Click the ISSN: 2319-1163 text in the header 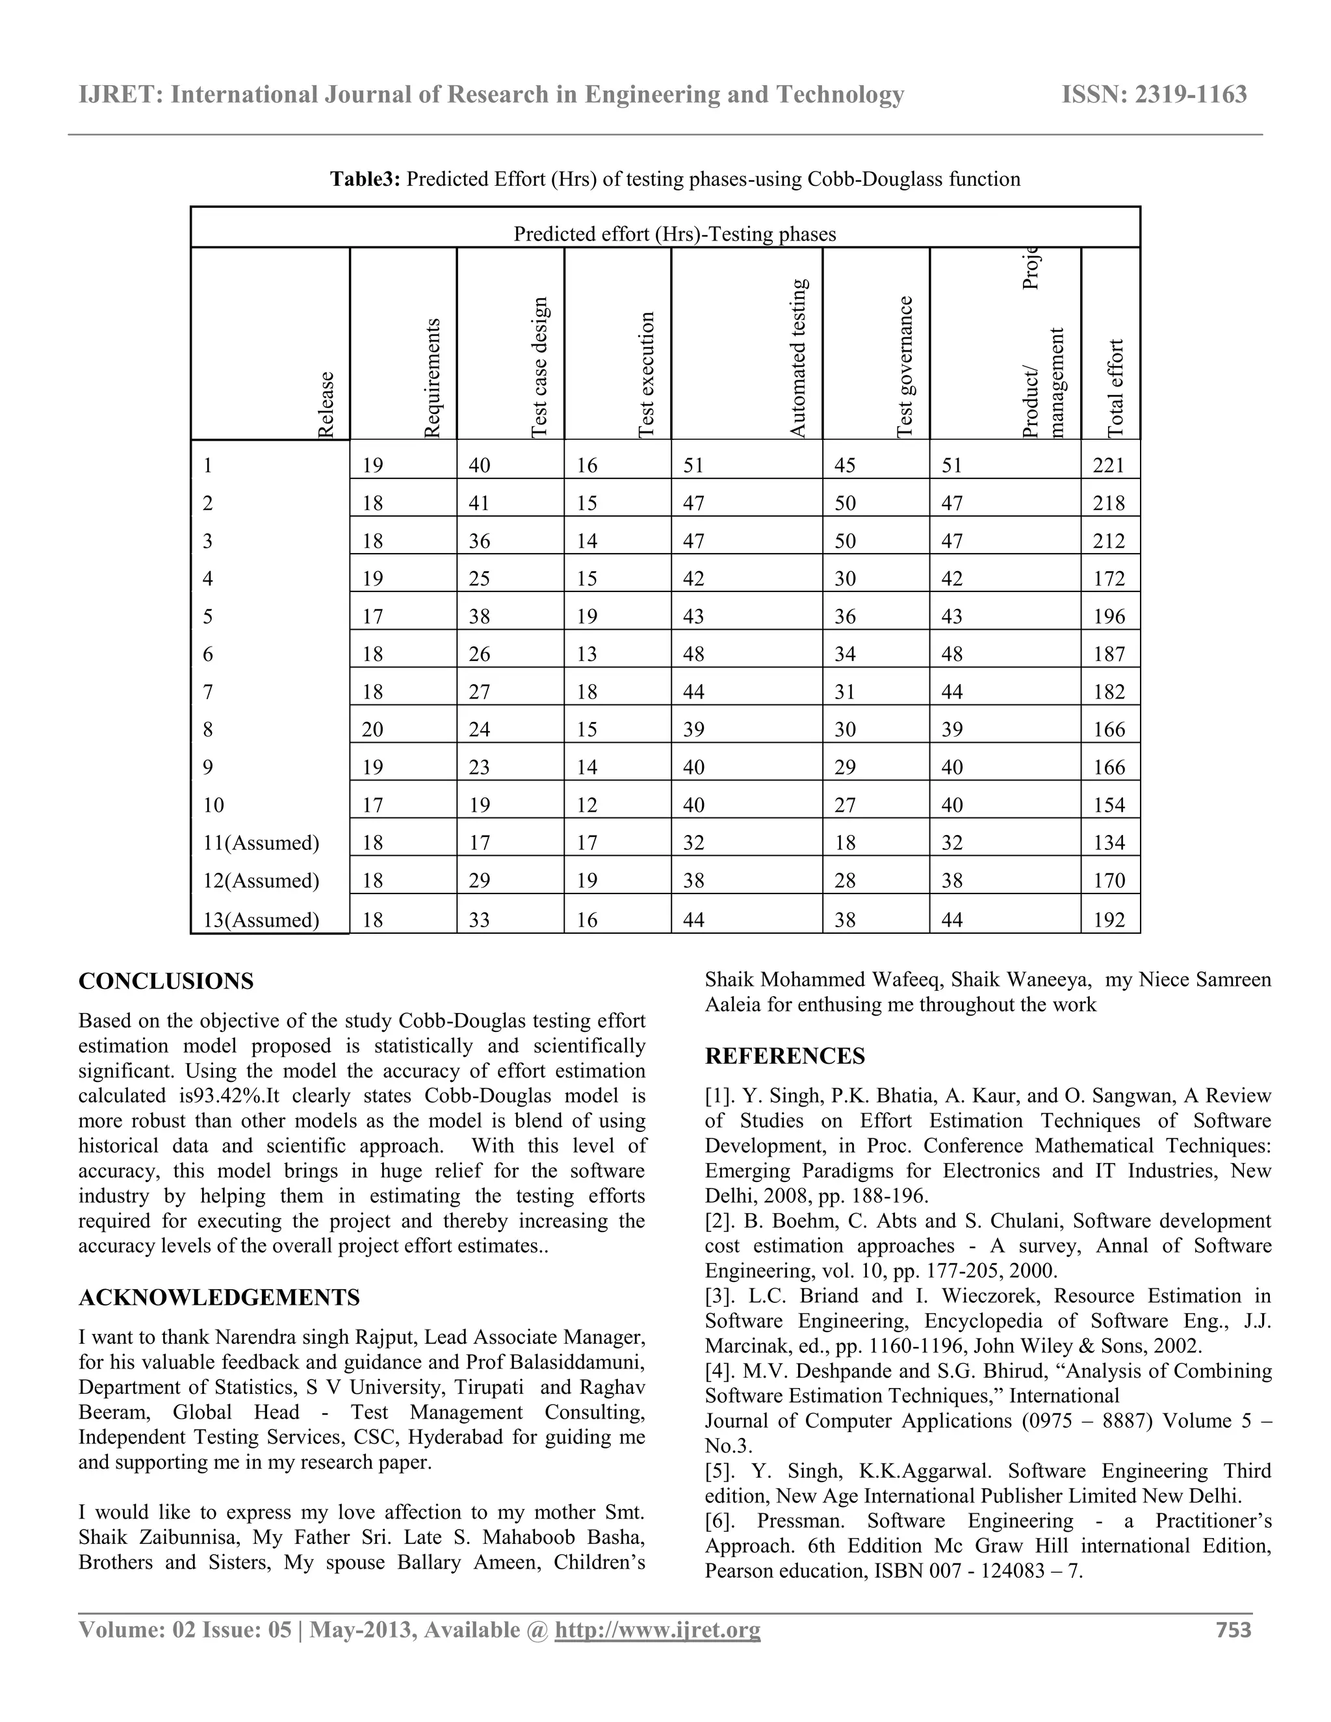click(1154, 95)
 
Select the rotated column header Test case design click(539, 367)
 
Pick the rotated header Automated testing click(798, 358)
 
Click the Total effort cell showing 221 click(1109, 465)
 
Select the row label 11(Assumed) click(261, 843)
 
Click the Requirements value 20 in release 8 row click(372, 729)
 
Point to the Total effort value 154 click(1109, 805)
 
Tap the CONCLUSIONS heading click(166, 982)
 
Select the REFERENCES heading click(784, 1057)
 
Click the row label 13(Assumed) click(261, 920)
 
